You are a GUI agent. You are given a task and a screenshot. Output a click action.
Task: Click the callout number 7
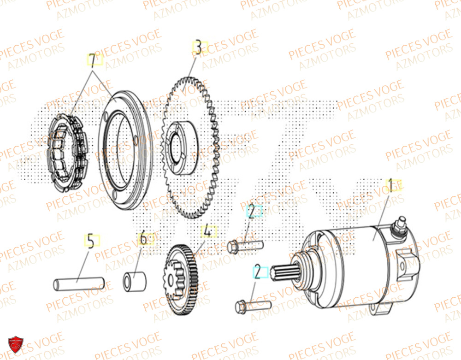(94, 60)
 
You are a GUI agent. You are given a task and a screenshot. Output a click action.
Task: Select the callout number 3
(198, 47)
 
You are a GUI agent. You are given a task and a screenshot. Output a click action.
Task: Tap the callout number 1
(392, 186)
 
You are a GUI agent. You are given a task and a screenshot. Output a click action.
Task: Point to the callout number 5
(91, 240)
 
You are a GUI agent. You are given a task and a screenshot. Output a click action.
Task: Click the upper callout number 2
(253, 211)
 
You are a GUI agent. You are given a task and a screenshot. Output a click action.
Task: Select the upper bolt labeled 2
(244, 247)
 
